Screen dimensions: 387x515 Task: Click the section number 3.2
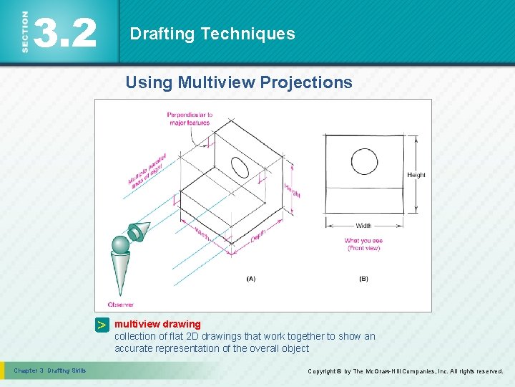pos(65,33)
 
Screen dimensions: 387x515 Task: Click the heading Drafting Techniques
pos(212,34)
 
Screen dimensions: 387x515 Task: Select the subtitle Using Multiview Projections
pos(239,82)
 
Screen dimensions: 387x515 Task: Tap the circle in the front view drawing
pos(364,159)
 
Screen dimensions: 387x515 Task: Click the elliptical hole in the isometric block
pos(240,167)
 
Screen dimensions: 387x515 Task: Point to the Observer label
pos(120,305)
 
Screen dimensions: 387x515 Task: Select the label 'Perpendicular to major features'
pos(190,118)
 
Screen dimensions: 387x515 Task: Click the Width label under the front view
pos(363,226)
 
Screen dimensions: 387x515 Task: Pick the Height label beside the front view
pos(416,175)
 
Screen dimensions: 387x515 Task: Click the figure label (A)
pos(250,279)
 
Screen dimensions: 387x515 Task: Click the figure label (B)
pos(363,279)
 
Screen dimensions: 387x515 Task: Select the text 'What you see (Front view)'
pos(363,244)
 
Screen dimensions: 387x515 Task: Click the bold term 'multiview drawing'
pos(157,324)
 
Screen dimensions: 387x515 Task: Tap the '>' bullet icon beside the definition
pos(102,325)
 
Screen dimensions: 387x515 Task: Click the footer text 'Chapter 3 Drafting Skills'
pos(50,371)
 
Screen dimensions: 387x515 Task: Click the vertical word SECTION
pos(25,32)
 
